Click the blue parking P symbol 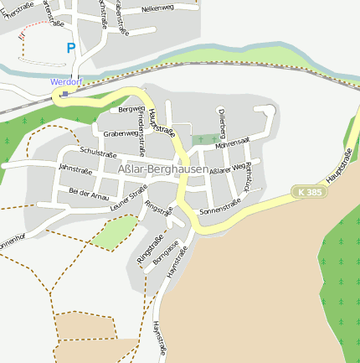pyautogui.click(x=70, y=49)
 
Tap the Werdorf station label pyautogui.click(x=66, y=81)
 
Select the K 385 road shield pyautogui.click(x=309, y=193)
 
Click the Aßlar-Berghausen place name pyautogui.click(x=163, y=169)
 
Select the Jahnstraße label pyautogui.click(x=75, y=169)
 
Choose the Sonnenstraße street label pyautogui.click(x=220, y=207)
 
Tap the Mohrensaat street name pyautogui.click(x=233, y=143)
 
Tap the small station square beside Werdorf pyautogui.click(x=64, y=94)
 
